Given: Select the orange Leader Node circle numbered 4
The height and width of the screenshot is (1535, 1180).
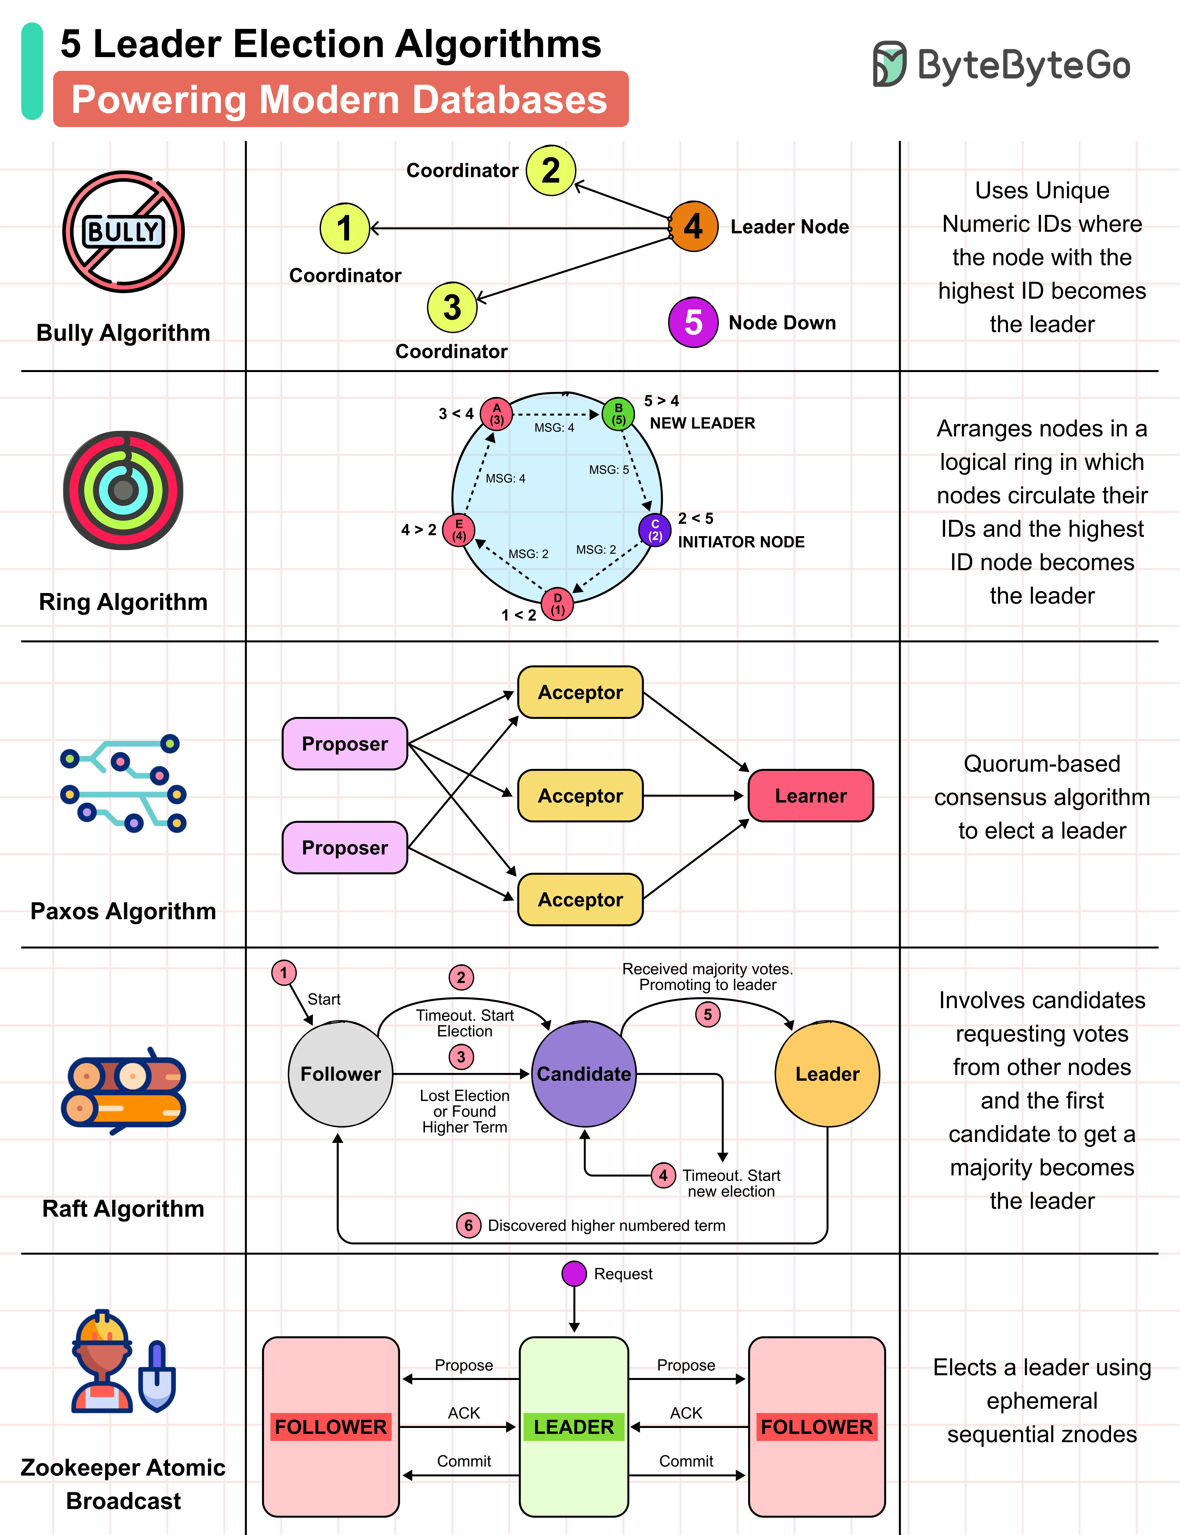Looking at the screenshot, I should [693, 226].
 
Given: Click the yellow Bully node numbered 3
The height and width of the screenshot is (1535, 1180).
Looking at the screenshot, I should [452, 307].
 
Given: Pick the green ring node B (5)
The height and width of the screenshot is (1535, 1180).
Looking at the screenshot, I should [618, 414].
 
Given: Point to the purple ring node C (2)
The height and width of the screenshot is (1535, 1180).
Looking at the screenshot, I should [655, 530].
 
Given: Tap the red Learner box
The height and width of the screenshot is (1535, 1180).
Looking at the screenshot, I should [811, 796].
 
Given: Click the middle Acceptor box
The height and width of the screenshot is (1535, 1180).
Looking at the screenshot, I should [580, 796].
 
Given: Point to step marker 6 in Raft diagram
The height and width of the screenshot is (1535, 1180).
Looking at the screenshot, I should [469, 1225].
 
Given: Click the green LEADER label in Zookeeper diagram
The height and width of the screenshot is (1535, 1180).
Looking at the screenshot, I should [574, 1427].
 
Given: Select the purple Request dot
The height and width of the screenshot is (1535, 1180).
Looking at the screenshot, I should [574, 1274].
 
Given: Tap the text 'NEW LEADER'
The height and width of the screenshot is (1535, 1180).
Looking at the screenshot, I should [702, 423].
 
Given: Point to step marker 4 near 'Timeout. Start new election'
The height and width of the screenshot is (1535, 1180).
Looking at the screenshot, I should [663, 1175].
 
